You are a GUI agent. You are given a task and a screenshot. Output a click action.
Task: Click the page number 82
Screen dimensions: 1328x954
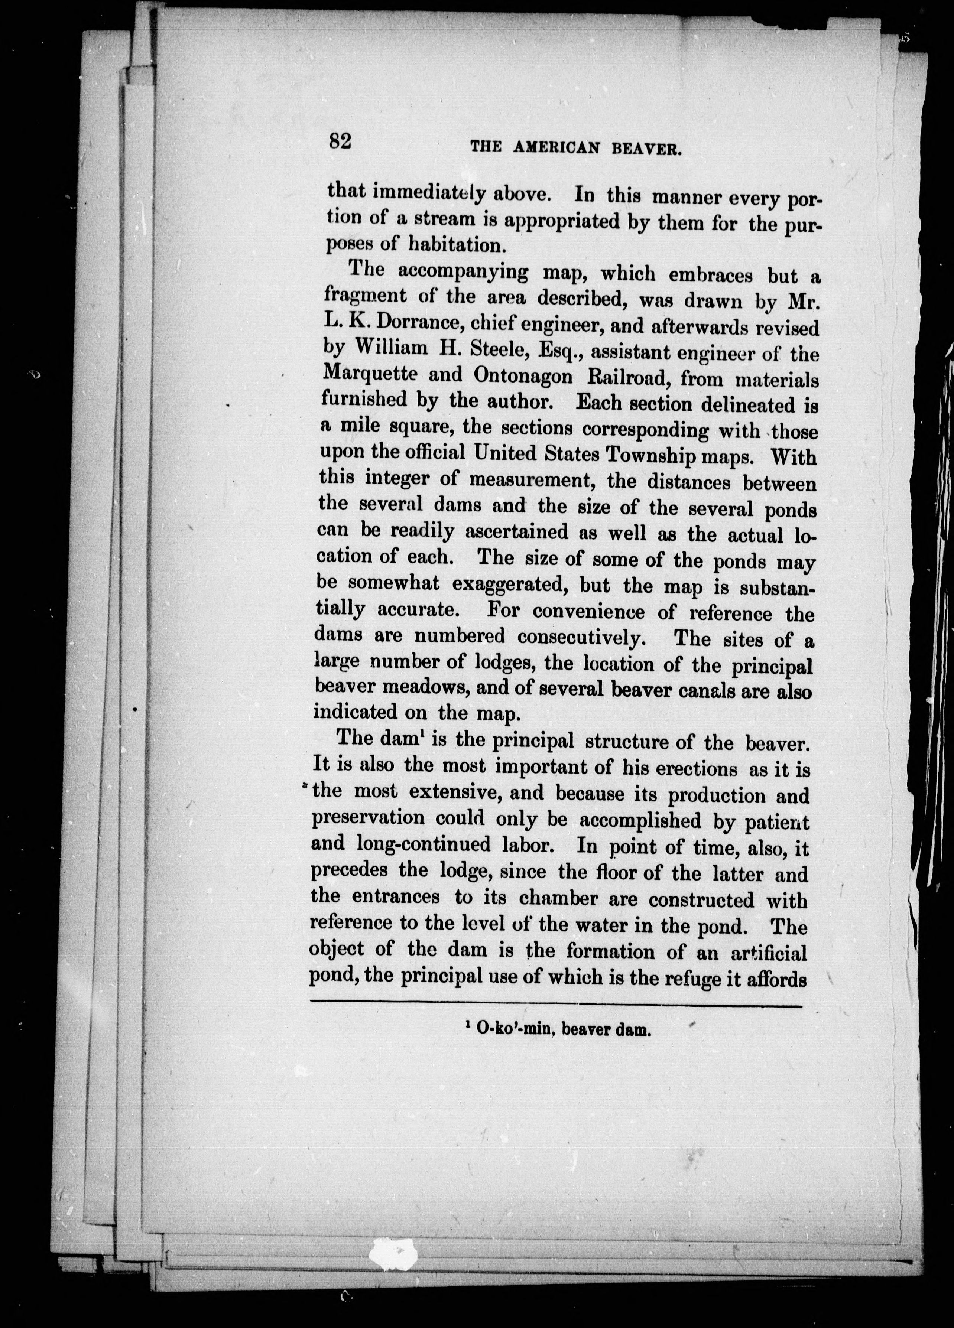pyautogui.click(x=340, y=142)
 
